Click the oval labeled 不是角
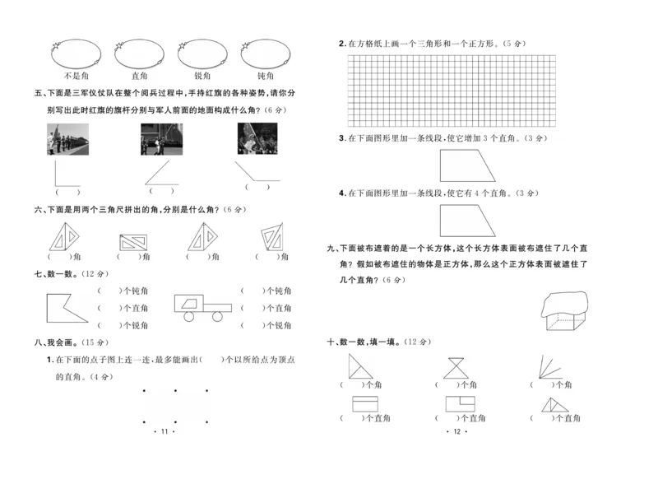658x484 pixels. tap(76, 54)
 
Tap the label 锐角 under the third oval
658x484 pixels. tap(202, 76)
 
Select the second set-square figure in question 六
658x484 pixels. tap(133, 242)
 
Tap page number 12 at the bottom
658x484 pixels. tap(455, 431)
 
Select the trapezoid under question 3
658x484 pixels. tap(470, 165)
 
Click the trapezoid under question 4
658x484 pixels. tap(470, 220)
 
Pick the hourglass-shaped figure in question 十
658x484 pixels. tap(455, 366)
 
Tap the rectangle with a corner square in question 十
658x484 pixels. tap(461, 403)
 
